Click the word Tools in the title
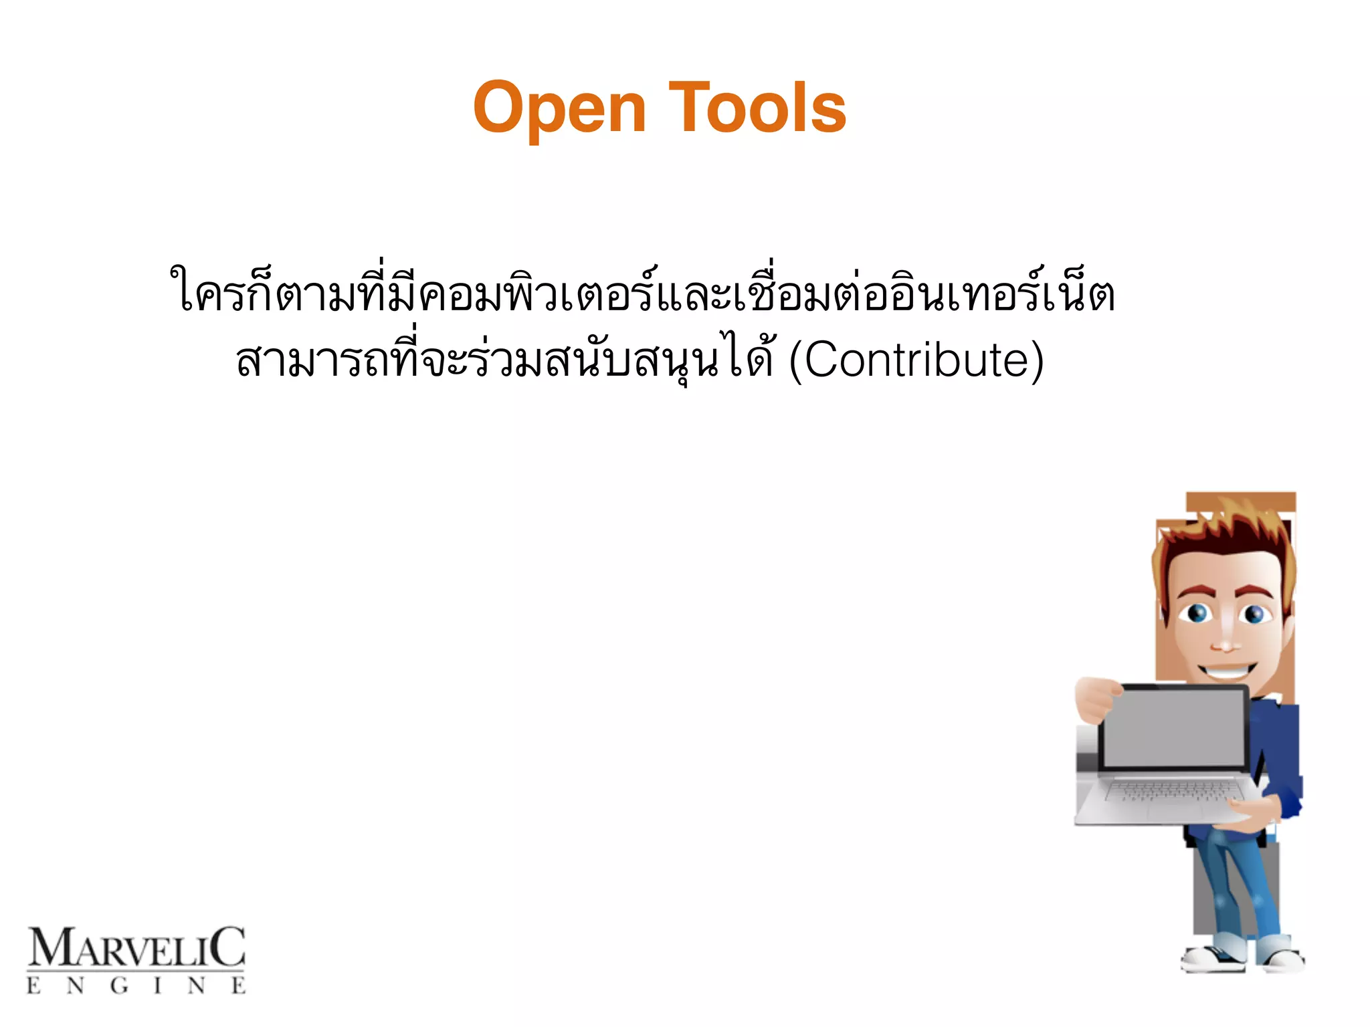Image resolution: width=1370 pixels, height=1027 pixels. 757,107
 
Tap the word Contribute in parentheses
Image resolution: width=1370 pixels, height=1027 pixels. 916,360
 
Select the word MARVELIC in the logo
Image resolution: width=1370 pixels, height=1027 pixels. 136,947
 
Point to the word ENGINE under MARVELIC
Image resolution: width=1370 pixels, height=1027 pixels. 136,986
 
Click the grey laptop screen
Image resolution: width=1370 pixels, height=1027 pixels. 1174,728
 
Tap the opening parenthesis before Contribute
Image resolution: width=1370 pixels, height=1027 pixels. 796,361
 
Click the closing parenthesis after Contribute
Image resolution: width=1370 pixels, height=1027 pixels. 1036,361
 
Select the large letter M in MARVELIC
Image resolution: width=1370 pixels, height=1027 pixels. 50,947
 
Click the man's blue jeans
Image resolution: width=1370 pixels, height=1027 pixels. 1238,889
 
